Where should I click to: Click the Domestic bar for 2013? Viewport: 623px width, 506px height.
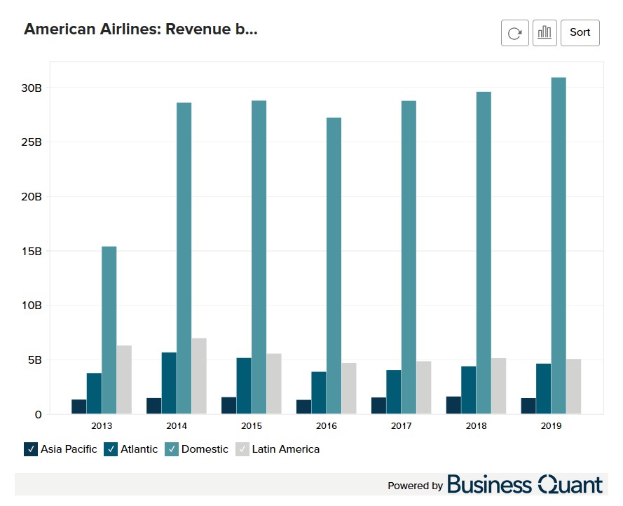[x=109, y=330]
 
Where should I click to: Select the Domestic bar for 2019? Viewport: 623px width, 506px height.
[x=559, y=246]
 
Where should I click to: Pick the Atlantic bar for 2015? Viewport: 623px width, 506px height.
[x=244, y=386]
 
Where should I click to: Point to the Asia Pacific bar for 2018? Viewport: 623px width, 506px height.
[x=453, y=406]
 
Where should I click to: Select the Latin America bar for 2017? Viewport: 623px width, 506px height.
[x=424, y=388]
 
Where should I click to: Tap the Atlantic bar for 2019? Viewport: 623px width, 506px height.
[x=544, y=389]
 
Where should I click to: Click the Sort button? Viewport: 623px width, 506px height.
[x=580, y=33]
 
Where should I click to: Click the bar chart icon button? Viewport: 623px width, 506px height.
[x=545, y=33]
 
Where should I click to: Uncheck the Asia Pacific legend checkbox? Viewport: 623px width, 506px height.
[x=31, y=449]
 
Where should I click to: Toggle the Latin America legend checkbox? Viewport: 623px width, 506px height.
[x=242, y=449]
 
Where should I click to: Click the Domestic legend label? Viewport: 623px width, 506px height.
[x=205, y=449]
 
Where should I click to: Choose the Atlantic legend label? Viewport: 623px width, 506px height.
[x=139, y=449]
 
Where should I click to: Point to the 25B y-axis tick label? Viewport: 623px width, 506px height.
[x=32, y=142]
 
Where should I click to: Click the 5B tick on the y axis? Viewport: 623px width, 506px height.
[x=34, y=360]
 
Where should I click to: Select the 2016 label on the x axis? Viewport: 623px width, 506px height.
[x=327, y=425]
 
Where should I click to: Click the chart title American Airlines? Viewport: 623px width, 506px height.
[x=141, y=29]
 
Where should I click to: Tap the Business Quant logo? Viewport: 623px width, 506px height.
[x=524, y=485]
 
